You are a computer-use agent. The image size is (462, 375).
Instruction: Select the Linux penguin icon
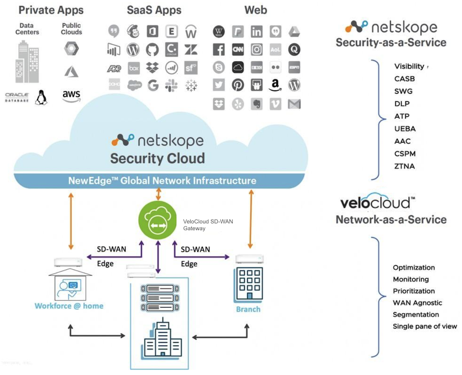[x=41, y=97]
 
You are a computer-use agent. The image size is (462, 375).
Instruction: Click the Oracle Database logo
[x=17, y=97]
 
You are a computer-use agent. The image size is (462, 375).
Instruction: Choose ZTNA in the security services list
[x=404, y=166]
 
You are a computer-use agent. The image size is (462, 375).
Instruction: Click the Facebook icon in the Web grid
[x=219, y=49]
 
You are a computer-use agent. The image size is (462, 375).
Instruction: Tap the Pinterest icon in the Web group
[x=238, y=86]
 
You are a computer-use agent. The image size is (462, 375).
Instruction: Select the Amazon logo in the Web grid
[x=275, y=86]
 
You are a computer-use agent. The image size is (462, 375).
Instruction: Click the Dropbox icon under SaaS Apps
[x=153, y=67]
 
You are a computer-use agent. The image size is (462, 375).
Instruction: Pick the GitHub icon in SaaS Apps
[x=152, y=49]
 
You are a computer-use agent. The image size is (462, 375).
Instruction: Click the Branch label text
[x=248, y=309]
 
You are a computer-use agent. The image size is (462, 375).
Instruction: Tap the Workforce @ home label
[x=69, y=306]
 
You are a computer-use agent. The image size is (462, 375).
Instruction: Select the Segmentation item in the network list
[x=416, y=315]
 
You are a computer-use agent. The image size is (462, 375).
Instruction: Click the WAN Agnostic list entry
[x=417, y=303]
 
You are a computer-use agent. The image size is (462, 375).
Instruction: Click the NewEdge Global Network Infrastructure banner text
[x=162, y=181]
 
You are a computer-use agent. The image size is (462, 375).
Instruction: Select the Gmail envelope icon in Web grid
[x=294, y=104]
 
